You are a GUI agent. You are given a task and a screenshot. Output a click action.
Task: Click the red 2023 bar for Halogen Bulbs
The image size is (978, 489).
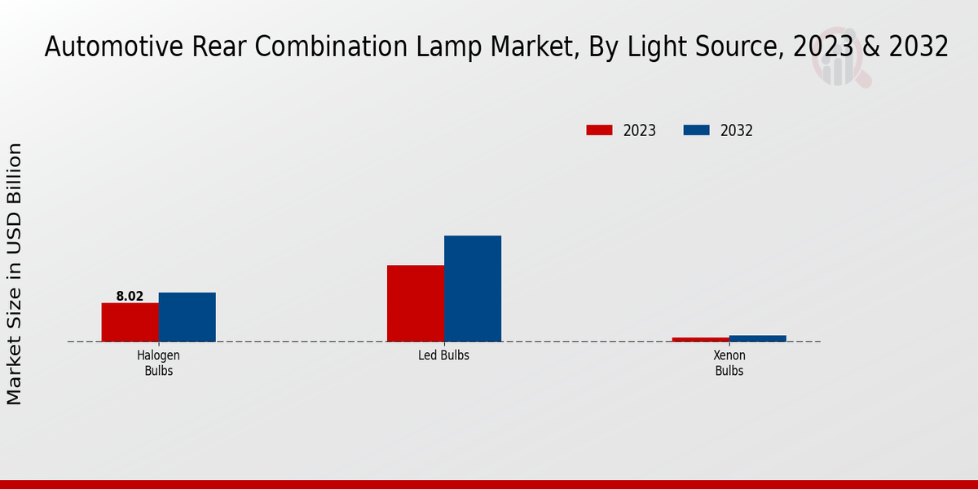tap(130, 322)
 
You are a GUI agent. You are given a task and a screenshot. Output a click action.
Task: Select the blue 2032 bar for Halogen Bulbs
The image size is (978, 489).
tap(187, 317)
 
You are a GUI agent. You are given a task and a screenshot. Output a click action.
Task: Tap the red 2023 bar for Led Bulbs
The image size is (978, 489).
tap(415, 303)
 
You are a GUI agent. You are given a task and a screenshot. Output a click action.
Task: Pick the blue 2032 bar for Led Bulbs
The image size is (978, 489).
tap(472, 289)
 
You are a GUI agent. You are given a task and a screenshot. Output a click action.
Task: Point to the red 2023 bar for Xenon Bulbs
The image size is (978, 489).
tap(700, 339)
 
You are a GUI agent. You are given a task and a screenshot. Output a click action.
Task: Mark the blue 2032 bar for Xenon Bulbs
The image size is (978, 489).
tap(757, 338)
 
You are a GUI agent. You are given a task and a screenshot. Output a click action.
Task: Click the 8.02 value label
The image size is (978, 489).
tap(130, 297)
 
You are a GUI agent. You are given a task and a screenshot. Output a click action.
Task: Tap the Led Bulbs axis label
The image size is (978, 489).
tap(443, 356)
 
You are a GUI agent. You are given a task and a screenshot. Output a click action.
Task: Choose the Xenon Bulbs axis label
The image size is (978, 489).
tap(729, 363)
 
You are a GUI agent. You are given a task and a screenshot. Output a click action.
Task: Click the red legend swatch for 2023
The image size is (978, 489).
tap(599, 130)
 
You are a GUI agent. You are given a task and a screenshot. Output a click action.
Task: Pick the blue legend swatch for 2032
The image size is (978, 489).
tap(696, 130)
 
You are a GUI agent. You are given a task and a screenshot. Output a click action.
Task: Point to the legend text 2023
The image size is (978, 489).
tap(639, 130)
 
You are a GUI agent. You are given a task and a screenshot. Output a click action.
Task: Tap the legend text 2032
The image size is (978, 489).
tap(736, 130)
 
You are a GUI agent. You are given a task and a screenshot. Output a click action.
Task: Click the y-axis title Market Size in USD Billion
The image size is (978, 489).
tap(15, 274)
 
